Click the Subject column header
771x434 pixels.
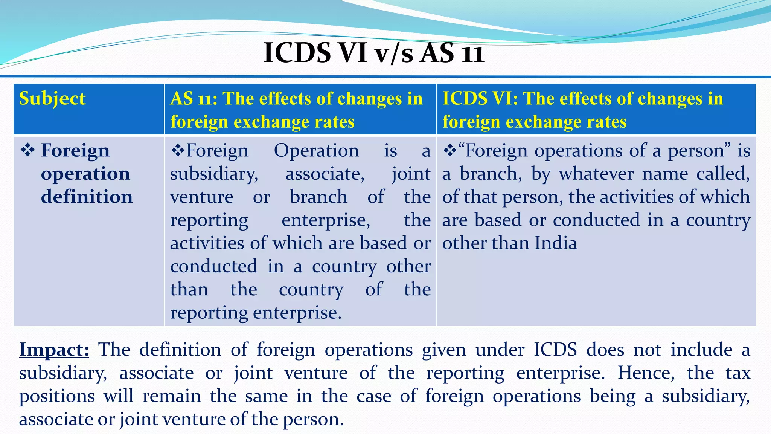52,99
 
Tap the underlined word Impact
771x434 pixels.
54,350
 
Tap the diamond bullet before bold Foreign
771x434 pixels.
27,150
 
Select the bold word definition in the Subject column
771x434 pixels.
87,197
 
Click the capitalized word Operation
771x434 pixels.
316,151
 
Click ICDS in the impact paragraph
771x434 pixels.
555,350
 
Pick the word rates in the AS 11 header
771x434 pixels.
333,122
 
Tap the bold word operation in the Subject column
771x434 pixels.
85,174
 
